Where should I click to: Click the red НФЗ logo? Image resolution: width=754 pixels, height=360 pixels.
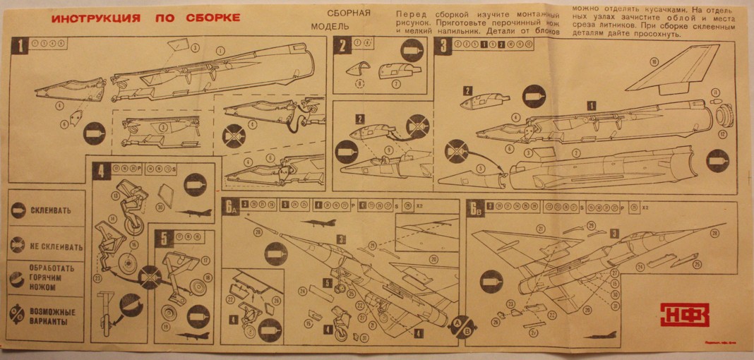point(683,314)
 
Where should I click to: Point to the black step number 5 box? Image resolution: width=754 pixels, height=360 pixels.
point(164,237)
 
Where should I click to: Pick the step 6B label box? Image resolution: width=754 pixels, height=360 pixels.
point(474,208)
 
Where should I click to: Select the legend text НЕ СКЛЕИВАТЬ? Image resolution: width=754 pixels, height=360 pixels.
point(56,247)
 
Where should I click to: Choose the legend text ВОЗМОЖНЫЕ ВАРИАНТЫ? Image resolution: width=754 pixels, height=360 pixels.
point(54,316)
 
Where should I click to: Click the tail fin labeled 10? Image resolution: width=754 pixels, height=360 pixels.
point(671,72)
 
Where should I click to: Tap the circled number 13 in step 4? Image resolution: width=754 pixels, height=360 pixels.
point(115,196)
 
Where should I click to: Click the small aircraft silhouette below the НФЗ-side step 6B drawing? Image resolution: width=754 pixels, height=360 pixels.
point(599,334)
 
